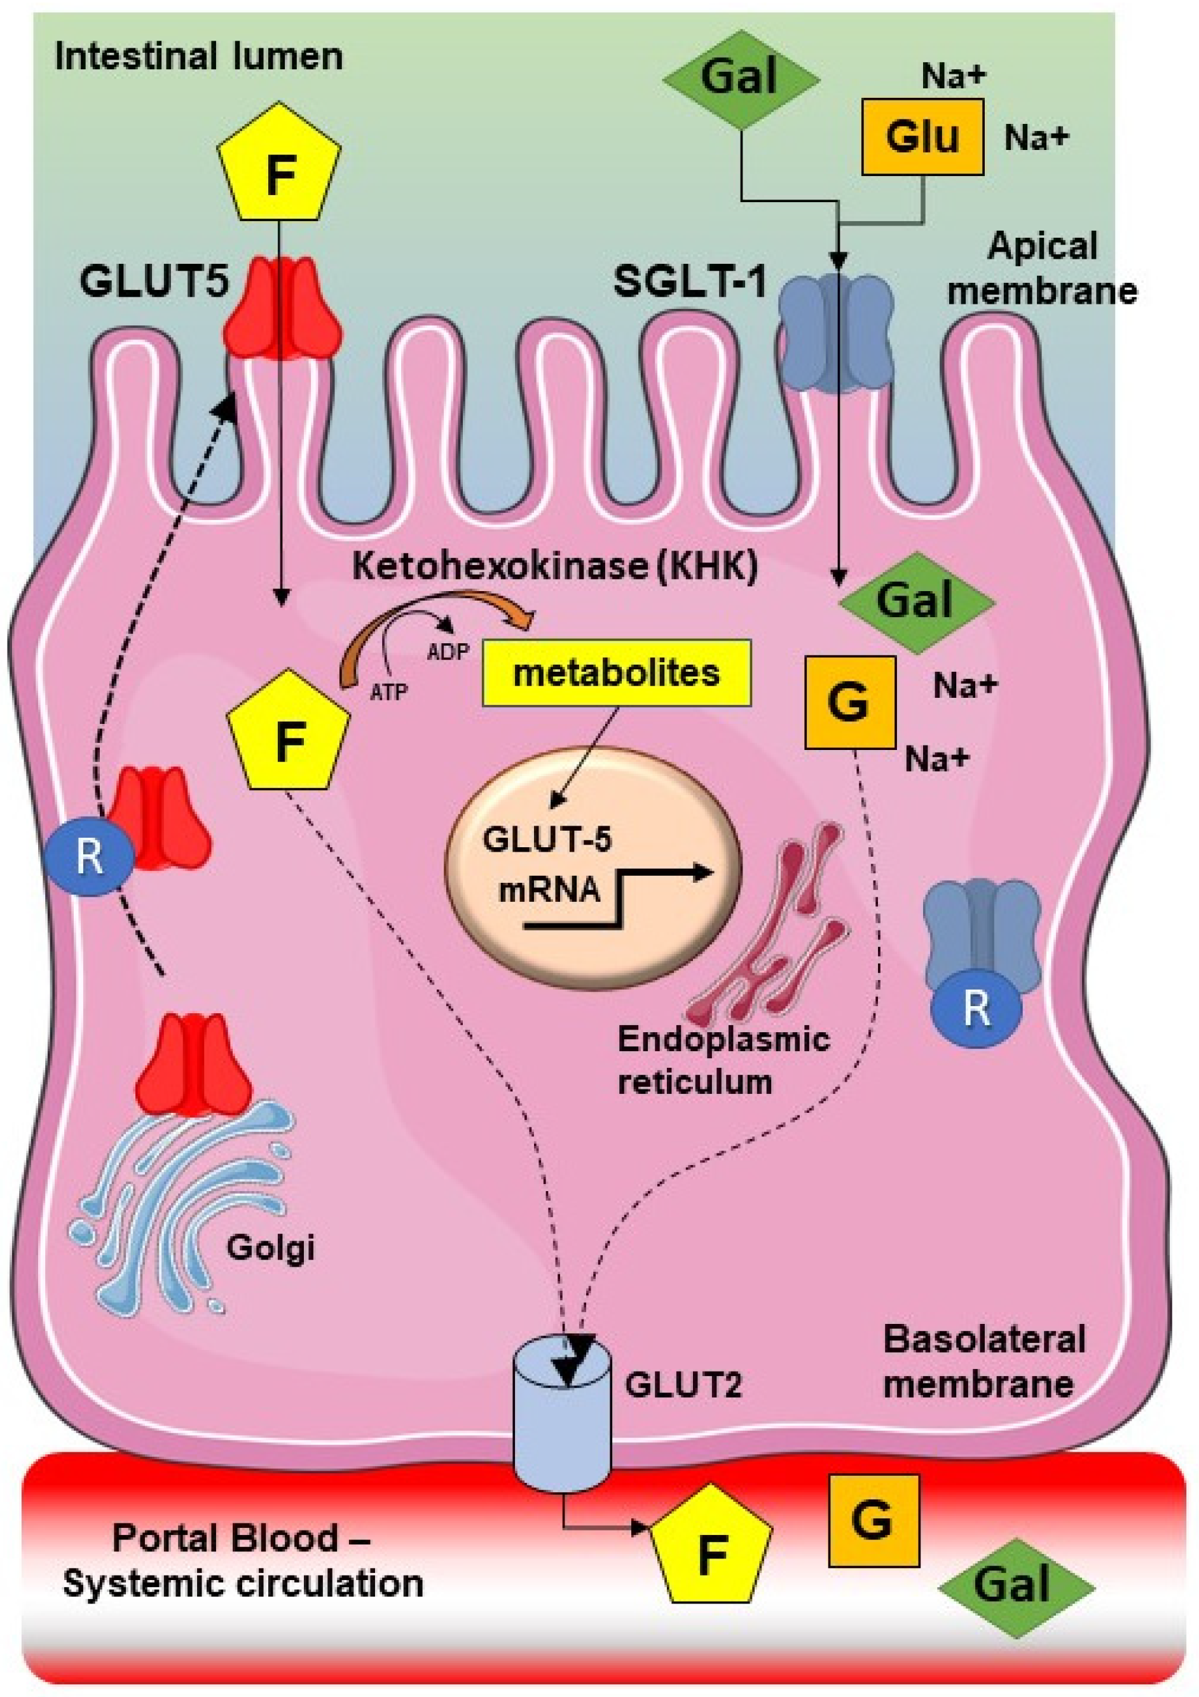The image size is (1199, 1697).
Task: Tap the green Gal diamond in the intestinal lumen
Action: click(740, 78)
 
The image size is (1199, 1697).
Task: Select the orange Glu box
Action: click(922, 137)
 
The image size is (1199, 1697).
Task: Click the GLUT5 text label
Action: click(154, 282)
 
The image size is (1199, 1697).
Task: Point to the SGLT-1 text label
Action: click(690, 282)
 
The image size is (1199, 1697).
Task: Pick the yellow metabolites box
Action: click(616, 673)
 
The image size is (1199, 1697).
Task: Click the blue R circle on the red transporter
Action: click(90, 858)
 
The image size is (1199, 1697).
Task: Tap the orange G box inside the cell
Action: click(849, 702)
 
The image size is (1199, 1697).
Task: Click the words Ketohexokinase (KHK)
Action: click(554, 568)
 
